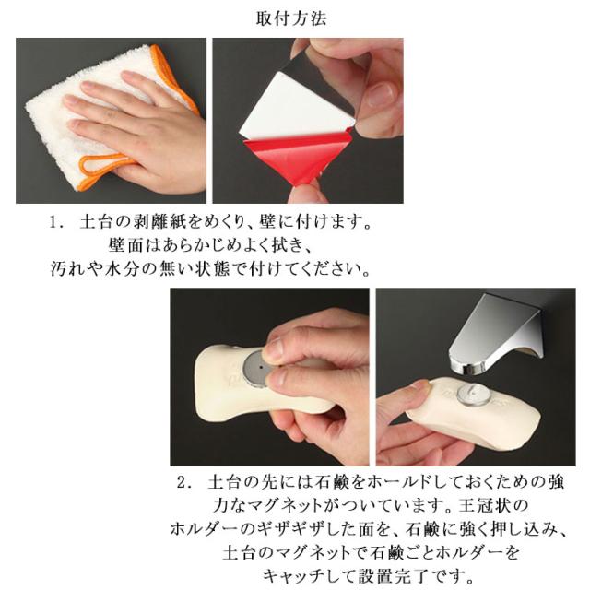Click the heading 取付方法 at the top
[x=291, y=18]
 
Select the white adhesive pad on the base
[x=297, y=103]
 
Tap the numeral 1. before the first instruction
[x=55, y=222]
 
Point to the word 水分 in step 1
[x=121, y=269]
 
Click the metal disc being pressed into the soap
[x=256, y=370]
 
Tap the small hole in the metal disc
[x=260, y=366]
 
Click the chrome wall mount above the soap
[x=496, y=333]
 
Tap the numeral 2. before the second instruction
[x=185, y=483]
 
